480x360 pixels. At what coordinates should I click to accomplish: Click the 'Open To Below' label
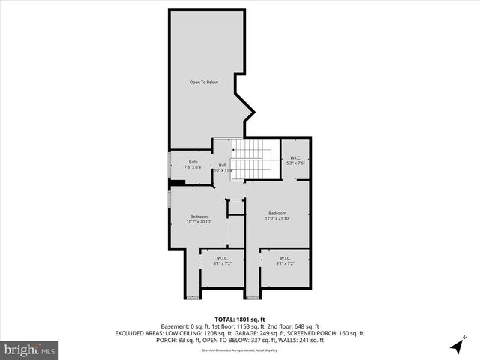coord(203,82)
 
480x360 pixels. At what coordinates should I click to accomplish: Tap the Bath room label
coord(193,164)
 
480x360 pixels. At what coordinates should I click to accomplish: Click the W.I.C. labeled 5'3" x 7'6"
coord(295,160)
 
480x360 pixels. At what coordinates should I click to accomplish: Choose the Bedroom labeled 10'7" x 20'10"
coord(199,219)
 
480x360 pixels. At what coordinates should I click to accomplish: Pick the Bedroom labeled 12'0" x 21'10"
coord(277,216)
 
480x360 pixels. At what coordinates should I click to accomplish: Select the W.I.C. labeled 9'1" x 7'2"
coord(285,261)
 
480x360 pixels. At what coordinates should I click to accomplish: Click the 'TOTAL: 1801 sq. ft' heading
coord(239,319)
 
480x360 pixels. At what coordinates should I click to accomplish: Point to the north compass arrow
coord(457,345)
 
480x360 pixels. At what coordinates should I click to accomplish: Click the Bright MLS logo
coord(30,349)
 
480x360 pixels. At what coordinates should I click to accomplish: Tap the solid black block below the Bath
coord(177,181)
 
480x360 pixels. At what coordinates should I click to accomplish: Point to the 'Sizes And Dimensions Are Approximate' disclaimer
coord(239,349)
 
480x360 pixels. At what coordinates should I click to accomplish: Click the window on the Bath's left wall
coord(169,165)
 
